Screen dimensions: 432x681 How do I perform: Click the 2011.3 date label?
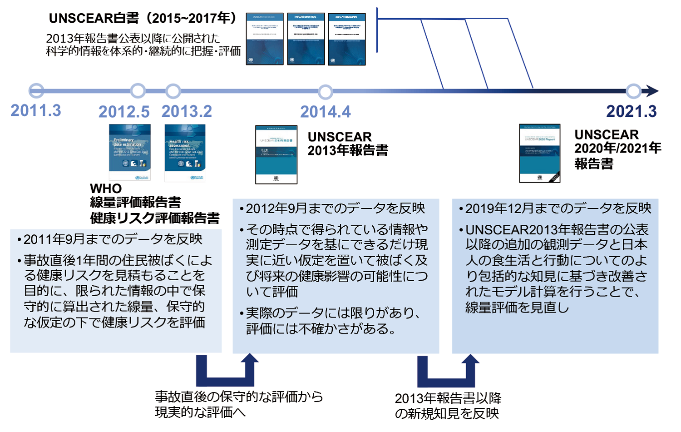pos(36,110)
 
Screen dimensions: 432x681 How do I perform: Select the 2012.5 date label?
pos(124,111)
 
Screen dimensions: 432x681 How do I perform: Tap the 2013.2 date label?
pos(187,111)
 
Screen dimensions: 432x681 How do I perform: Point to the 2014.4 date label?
pos(326,111)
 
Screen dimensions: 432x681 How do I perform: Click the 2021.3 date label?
pos(632,111)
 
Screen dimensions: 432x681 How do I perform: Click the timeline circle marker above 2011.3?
pos(36,91)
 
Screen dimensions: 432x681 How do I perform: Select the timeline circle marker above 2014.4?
pos(326,92)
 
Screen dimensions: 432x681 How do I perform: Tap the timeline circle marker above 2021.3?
pos(633,91)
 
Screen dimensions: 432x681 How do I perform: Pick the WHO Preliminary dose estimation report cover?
pos(130,152)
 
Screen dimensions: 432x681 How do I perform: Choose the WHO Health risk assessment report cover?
pos(185,153)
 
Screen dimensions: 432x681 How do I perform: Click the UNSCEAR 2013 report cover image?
pos(276,154)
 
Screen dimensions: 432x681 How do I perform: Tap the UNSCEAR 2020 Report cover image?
pos(539,153)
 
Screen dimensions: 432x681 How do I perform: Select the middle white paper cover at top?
pos(306,39)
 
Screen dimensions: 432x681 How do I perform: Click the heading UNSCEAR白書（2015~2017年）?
pos(143,18)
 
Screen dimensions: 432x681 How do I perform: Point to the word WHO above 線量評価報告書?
pos(106,188)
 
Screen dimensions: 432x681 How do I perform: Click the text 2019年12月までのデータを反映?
pos(558,208)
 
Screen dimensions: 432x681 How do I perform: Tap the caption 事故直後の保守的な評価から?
pos(239,397)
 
